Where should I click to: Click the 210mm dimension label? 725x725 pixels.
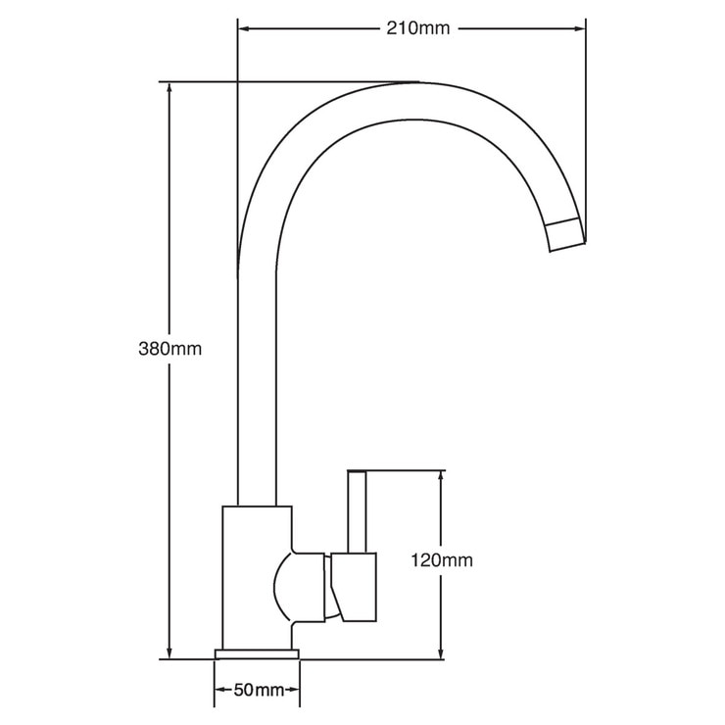[417, 27]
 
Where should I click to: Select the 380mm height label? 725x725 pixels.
[169, 348]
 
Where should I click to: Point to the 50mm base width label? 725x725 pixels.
[258, 691]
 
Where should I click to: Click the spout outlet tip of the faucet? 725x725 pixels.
[565, 236]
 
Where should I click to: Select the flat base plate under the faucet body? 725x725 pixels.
[258, 652]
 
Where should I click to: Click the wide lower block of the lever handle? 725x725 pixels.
[355, 586]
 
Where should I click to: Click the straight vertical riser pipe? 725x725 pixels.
[257, 392]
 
